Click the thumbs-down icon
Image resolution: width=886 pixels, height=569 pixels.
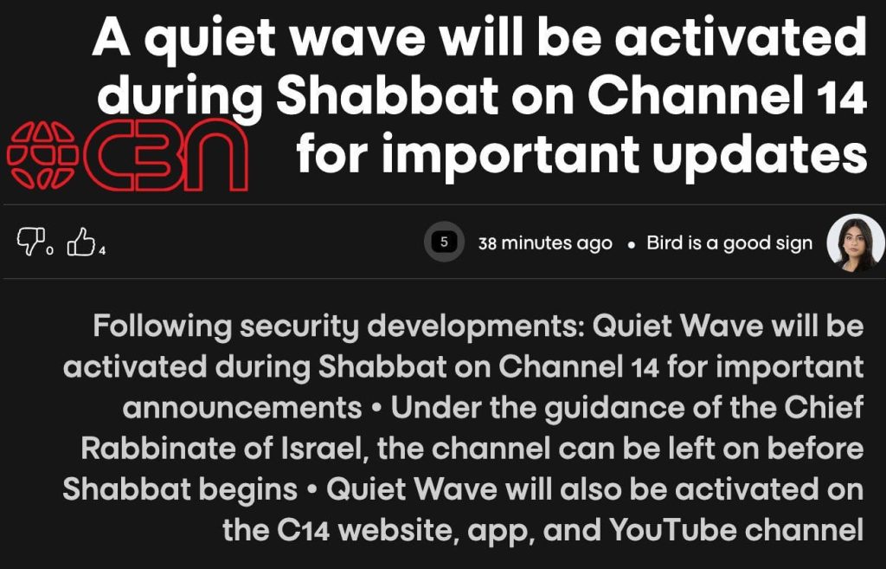point(30,242)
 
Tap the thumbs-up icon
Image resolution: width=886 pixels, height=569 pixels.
point(80,242)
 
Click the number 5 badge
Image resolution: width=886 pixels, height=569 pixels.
point(444,242)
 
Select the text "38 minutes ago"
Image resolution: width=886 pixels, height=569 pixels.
point(545,243)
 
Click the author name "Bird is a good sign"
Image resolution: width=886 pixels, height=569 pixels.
point(729,243)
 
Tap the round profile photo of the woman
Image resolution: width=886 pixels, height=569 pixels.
point(856,242)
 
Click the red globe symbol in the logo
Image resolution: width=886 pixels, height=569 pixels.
point(42,155)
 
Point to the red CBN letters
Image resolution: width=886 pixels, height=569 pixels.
point(165,155)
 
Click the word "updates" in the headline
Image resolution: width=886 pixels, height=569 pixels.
point(760,153)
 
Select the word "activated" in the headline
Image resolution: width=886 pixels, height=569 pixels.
point(741,36)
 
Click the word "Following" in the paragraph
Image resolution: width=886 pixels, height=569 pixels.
point(163,327)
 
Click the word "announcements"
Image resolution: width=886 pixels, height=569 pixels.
point(242,408)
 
